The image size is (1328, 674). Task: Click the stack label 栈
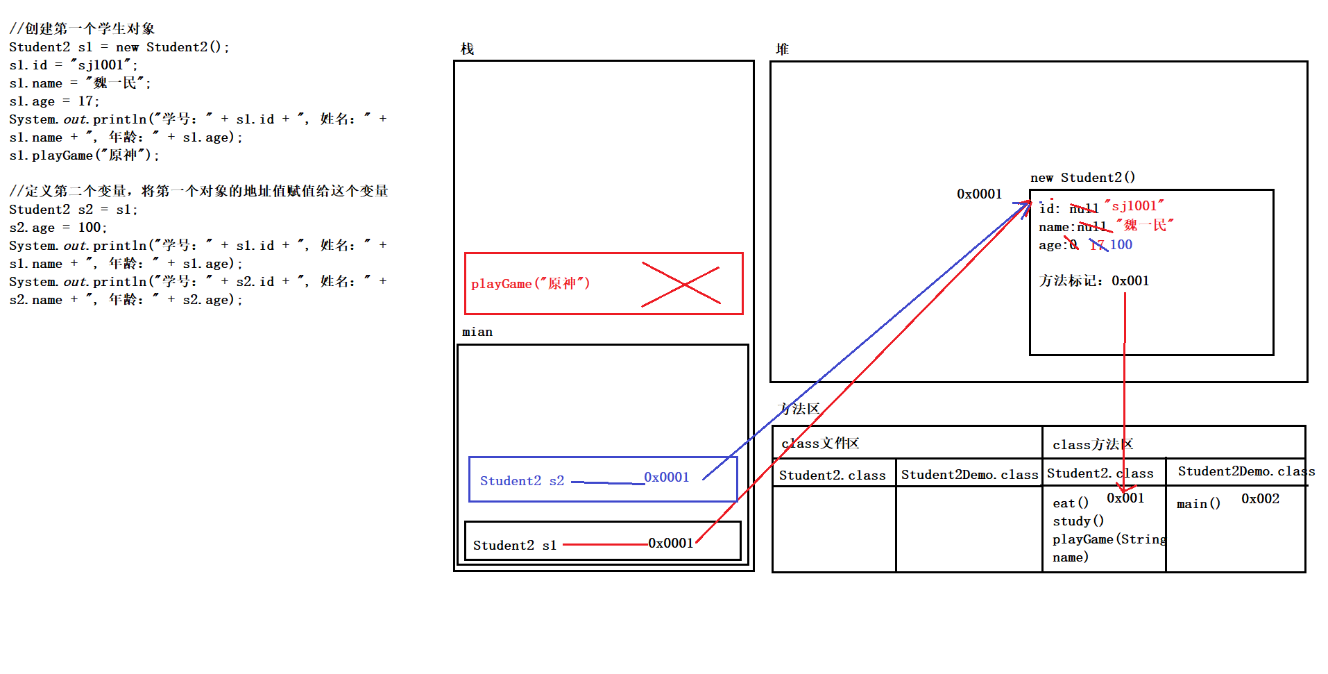click(467, 49)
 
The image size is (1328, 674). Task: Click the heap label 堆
click(782, 49)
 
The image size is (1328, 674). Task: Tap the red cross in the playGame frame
click(681, 285)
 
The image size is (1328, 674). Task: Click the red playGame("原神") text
click(530, 284)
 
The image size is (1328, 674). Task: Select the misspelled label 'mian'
click(477, 332)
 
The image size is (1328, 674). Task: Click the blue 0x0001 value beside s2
click(666, 478)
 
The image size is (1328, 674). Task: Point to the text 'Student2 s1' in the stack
click(515, 546)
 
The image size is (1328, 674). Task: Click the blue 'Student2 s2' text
click(522, 481)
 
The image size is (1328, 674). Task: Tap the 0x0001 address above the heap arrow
click(979, 194)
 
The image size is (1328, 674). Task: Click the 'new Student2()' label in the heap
click(1082, 178)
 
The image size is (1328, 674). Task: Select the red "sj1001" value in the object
click(1134, 206)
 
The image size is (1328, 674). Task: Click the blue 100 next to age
click(1121, 245)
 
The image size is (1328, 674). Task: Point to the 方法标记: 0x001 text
click(1093, 281)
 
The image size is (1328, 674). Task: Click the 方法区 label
click(799, 409)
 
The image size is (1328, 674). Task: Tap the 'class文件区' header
click(820, 444)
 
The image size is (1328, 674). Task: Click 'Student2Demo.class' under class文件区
click(969, 475)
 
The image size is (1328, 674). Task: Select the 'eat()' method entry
click(1070, 503)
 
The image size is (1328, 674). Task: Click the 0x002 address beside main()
click(1260, 499)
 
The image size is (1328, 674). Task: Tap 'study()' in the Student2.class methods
click(1078, 521)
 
